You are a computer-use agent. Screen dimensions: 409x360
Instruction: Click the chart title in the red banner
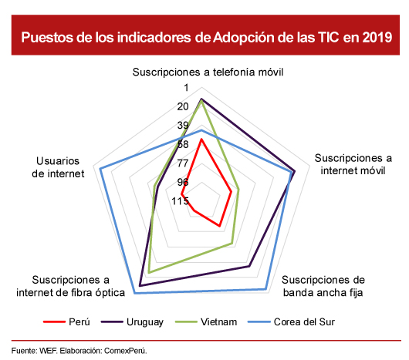pyautogui.click(x=207, y=37)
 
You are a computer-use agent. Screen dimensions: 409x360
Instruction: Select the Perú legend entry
pyautogui.click(x=67, y=322)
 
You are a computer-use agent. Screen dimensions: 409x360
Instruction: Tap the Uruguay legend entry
pyautogui.click(x=132, y=322)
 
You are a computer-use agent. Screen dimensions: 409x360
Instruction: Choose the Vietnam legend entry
pyautogui.click(x=206, y=322)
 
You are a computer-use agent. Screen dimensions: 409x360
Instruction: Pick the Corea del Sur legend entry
pyautogui.click(x=291, y=322)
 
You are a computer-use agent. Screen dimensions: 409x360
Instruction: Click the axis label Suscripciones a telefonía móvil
pyautogui.click(x=208, y=72)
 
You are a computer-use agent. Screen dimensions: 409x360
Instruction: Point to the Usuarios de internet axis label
pyautogui.click(x=58, y=167)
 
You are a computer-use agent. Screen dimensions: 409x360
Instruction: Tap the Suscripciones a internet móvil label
pyautogui.click(x=353, y=164)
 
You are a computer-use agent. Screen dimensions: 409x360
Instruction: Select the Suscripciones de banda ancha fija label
pyautogui.click(x=323, y=286)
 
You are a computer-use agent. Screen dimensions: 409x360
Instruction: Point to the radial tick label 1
pyautogui.click(x=186, y=88)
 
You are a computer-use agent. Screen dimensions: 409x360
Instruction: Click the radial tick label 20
pyautogui.click(x=183, y=106)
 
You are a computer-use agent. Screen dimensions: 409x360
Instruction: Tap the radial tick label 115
pyautogui.click(x=180, y=201)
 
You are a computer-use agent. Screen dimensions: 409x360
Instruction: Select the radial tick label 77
pyautogui.click(x=183, y=163)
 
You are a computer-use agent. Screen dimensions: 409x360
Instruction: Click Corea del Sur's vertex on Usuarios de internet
pyautogui.click(x=100, y=169)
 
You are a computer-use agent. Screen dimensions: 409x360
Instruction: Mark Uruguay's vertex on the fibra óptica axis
pyautogui.click(x=140, y=286)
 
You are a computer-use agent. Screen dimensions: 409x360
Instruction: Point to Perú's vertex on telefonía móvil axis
pyautogui.click(x=201, y=139)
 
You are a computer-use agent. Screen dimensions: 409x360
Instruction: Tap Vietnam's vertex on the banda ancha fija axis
pyautogui.click(x=231, y=244)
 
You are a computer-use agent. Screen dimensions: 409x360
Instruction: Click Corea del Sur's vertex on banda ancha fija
pyautogui.click(x=265, y=289)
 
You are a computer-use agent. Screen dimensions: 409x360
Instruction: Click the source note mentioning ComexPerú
pyautogui.click(x=79, y=351)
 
